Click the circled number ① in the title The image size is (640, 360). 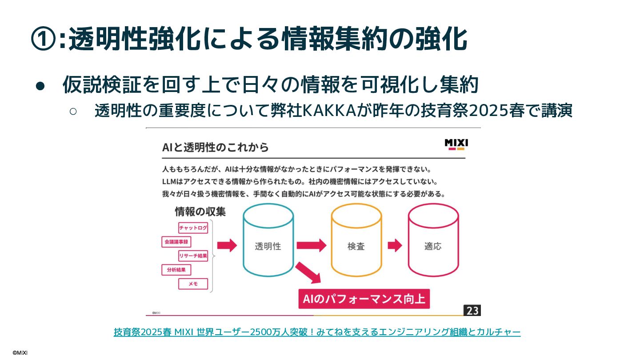click(x=44, y=39)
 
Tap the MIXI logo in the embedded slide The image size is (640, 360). click(x=456, y=144)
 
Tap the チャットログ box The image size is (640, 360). click(x=193, y=228)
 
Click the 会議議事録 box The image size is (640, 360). click(x=176, y=242)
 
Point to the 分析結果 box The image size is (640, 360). click(x=176, y=269)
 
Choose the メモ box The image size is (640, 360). click(x=193, y=284)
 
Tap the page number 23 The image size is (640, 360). click(x=472, y=310)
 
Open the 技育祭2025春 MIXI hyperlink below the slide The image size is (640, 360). click(x=317, y=332)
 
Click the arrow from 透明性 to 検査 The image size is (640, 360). click(x=311, y=245)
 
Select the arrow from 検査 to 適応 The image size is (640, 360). click(x=394, y=245)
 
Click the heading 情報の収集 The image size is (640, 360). click(x=200, y=212)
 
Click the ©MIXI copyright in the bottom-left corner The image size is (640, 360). click(x=20, y=352)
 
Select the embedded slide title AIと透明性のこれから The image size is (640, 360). click(x=216, y=147)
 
